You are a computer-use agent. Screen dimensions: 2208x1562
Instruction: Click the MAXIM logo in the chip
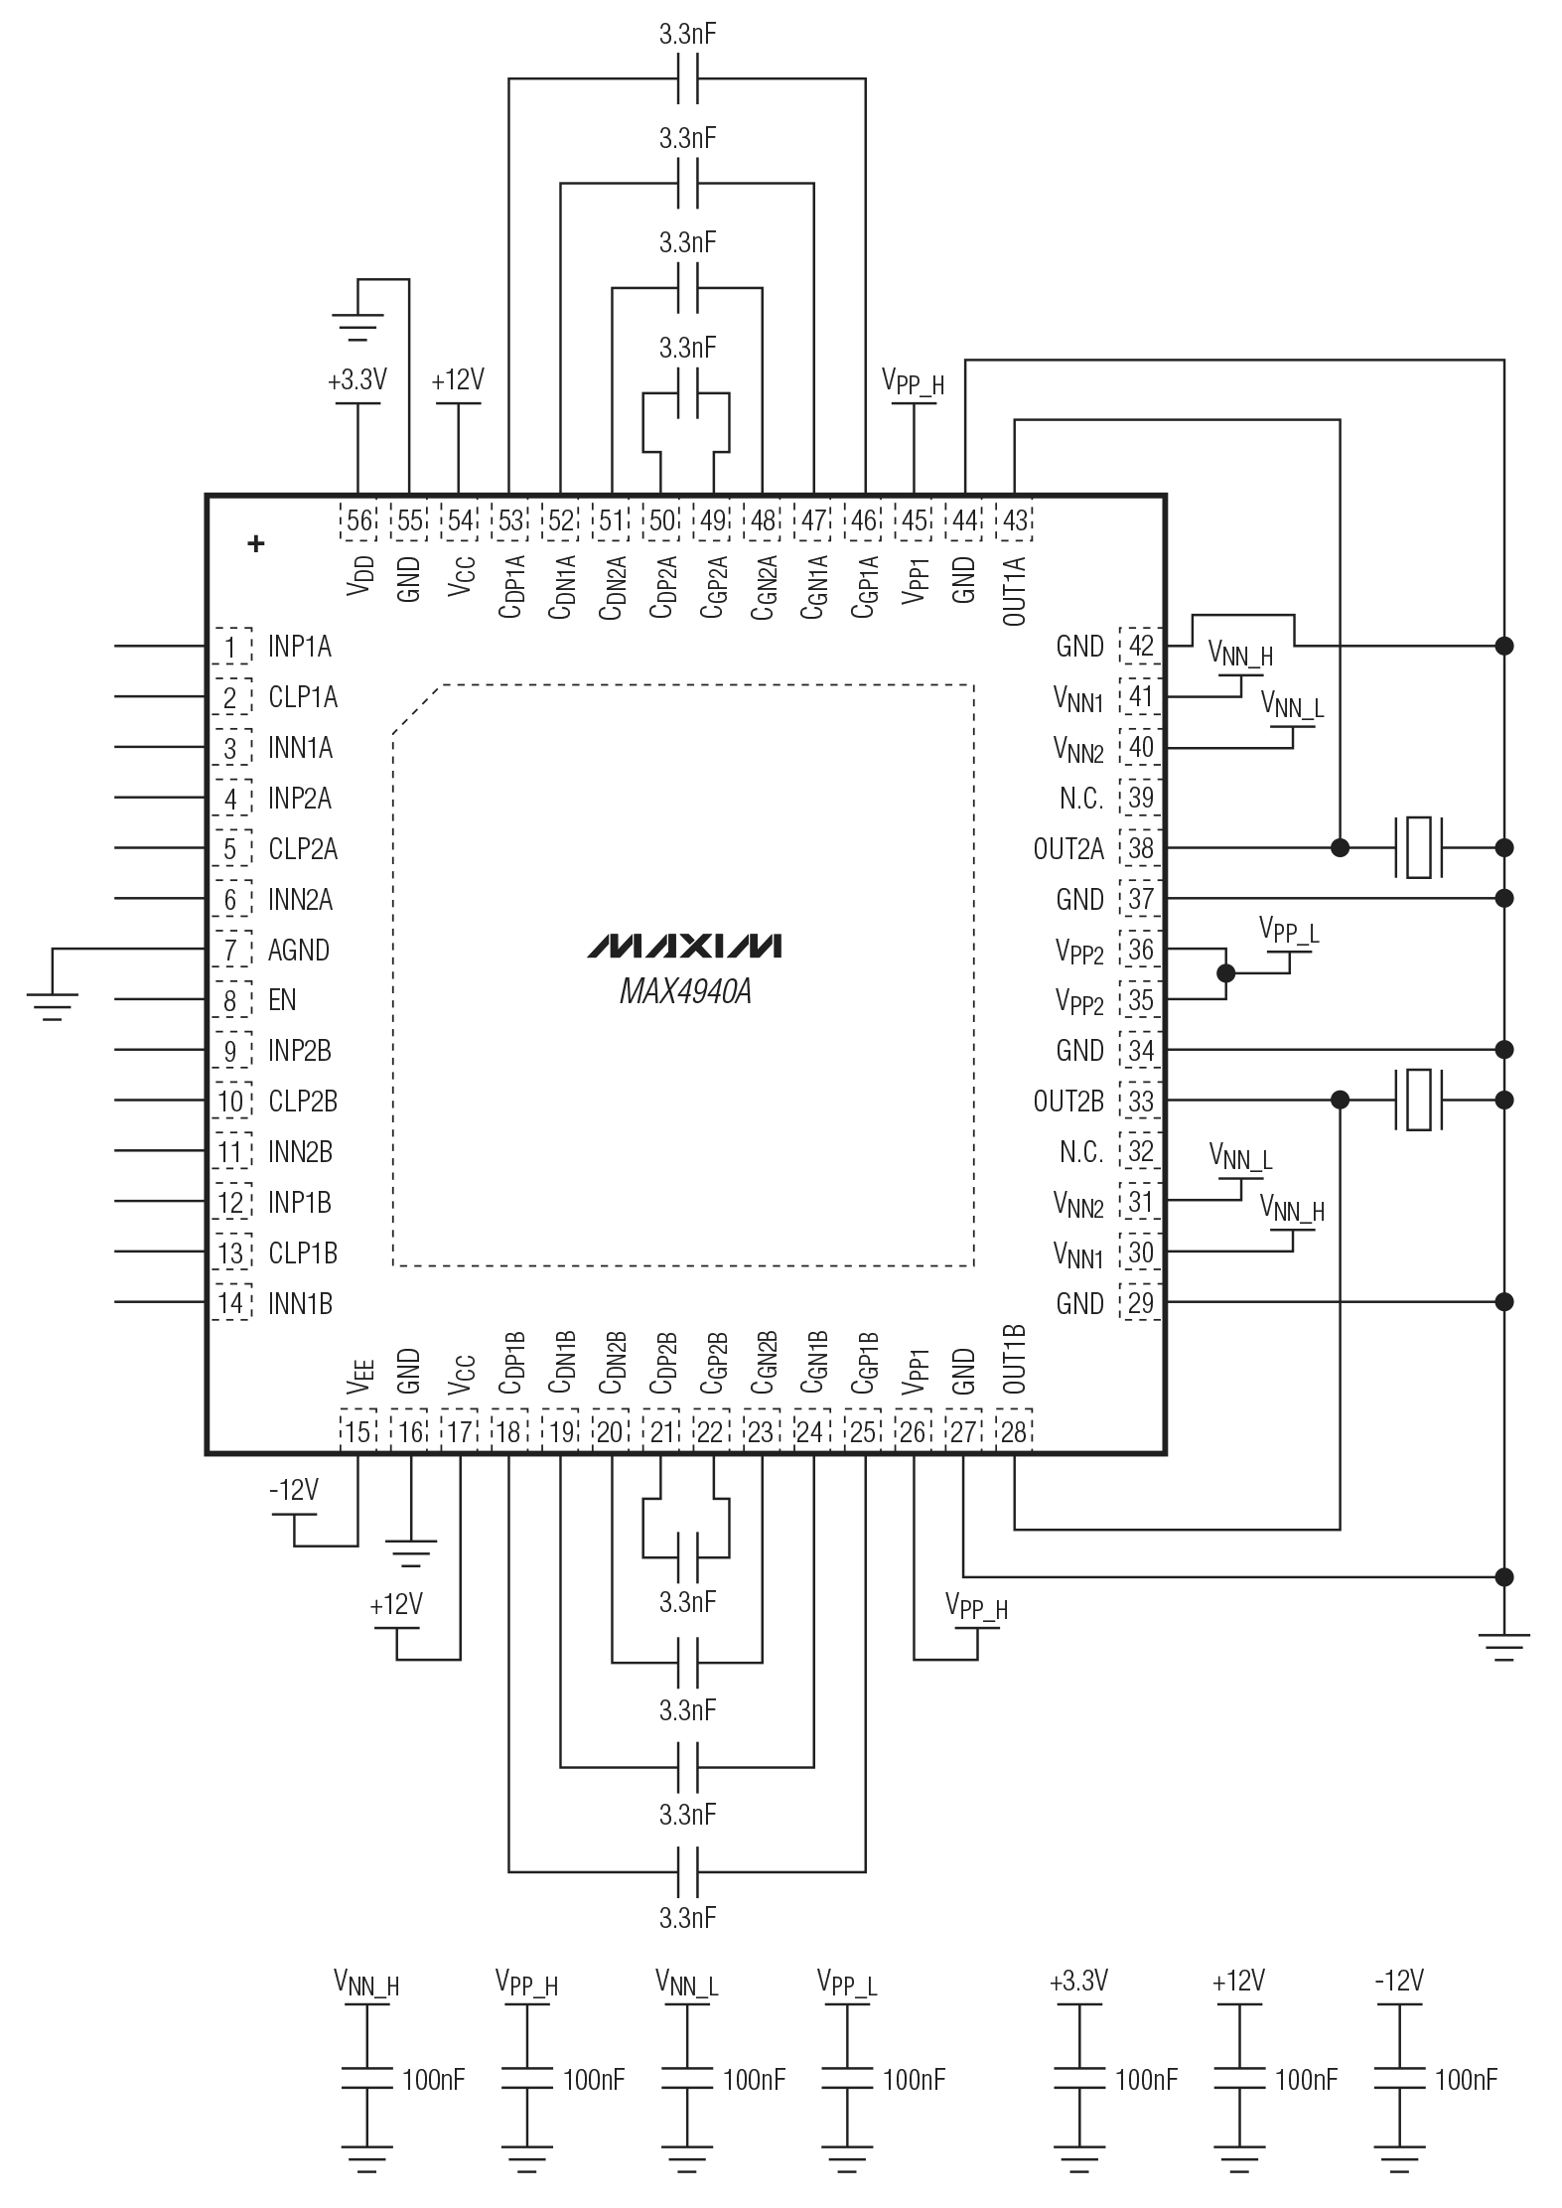click(x=684, y=946)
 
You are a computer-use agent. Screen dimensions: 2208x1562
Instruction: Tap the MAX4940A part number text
click(x=684, y=992)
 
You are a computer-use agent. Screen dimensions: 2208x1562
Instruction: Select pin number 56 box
click(x=358, y=520)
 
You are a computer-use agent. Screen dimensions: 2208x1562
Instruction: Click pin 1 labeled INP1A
click(x=230, y=648)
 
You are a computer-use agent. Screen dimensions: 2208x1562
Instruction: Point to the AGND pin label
click(x=298, y=951)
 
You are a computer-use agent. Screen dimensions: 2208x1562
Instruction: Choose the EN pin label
click(x=282, y=1000)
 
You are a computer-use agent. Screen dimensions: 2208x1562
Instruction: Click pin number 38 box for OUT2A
click(x=1141, y=848)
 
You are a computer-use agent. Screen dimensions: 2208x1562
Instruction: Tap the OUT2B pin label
click(x=1068, y=1102)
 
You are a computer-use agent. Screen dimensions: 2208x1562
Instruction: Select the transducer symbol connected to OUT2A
click(x=1418, y=848)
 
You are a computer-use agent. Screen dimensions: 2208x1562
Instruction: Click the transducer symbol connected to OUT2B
click(x=1418, y=1101)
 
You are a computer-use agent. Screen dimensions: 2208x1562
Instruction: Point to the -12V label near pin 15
click(x=293, y=1490)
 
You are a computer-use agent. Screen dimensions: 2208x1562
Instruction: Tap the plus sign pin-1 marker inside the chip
click(x=256, y=543)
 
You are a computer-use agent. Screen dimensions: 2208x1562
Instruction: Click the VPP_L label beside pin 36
click(x=1289, y=930)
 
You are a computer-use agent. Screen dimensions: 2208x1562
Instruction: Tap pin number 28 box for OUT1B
click(x=1014, y=1432)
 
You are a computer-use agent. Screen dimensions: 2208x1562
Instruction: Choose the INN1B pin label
click(x=300, y=1303)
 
